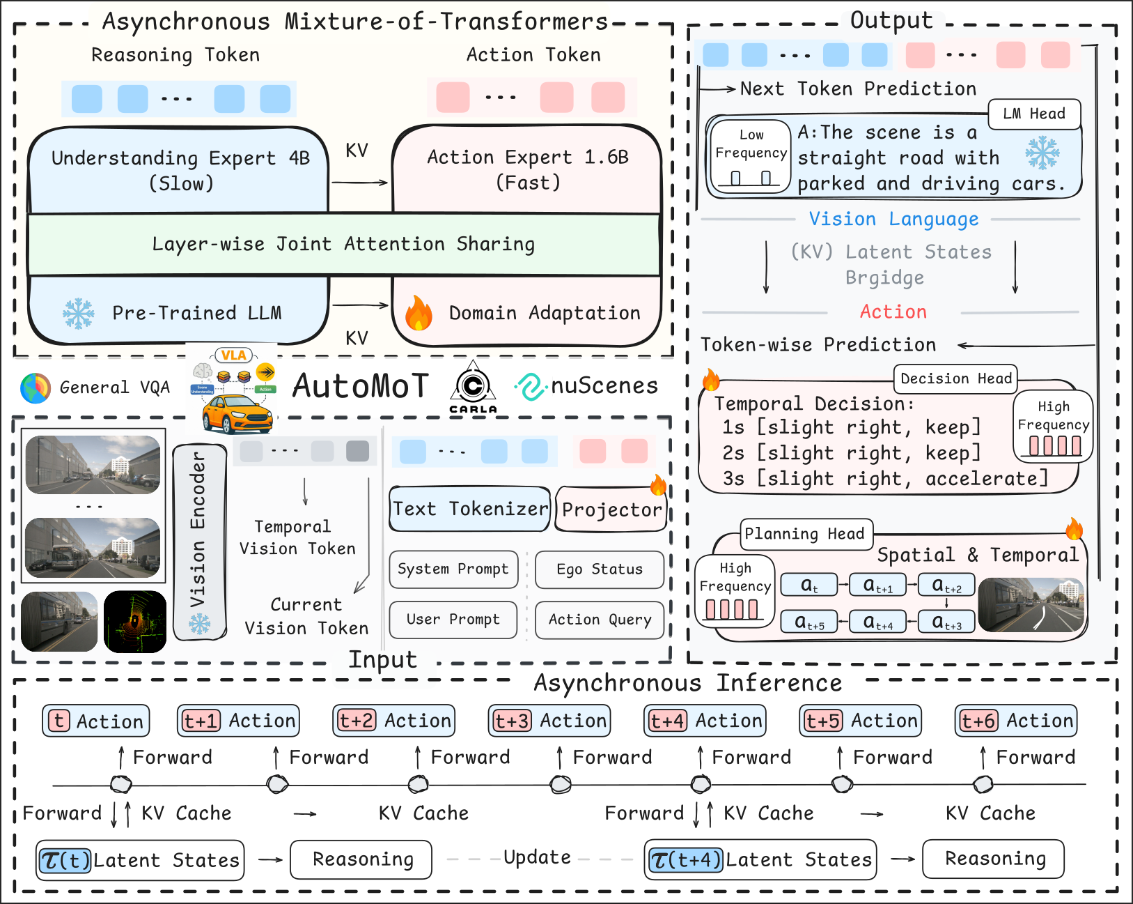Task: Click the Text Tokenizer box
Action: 470,509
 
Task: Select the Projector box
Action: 611,510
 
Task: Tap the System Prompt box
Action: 453,569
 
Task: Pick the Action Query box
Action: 600,620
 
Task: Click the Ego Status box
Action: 600,569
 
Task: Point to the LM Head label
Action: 1034,114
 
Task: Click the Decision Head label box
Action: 955,378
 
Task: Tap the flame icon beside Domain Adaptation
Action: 419,313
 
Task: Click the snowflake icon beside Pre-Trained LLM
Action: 79,314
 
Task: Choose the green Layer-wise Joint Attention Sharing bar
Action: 343,245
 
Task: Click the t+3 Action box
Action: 550,721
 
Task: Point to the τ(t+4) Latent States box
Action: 760,860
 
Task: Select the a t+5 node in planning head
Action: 809,621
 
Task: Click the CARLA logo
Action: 474,388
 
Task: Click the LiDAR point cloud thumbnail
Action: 135,622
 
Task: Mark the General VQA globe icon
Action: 36,388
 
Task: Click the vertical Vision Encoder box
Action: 199,542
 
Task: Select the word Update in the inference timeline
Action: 537,857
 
